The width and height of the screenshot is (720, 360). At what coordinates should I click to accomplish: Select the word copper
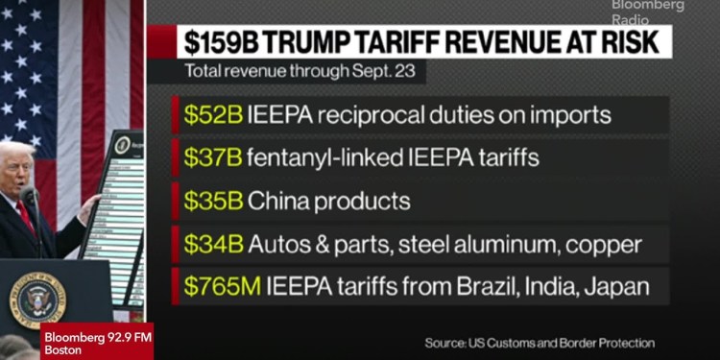click(604, 245)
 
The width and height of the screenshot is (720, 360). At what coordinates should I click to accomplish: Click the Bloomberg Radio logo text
click(648, 11)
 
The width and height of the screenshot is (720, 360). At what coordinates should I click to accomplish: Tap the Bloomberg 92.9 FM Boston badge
click(96, 343)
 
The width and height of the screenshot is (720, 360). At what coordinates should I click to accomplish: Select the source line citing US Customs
click(540, 343)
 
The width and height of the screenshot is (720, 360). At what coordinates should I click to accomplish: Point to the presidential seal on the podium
click(36, 299)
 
